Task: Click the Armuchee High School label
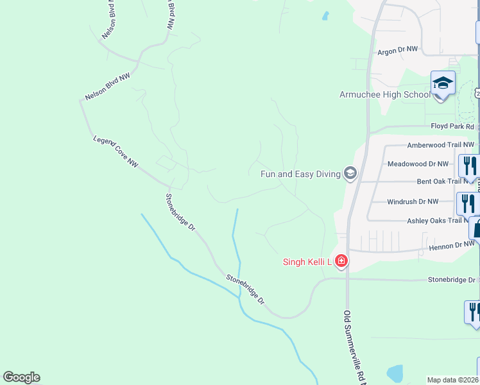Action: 384,95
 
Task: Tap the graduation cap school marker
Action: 442,84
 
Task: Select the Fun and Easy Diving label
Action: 300,174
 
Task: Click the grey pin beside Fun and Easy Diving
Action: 350,173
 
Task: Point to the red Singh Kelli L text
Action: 307,261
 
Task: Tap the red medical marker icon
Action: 341,261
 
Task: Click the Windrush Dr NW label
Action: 413,201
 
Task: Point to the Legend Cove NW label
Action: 116,151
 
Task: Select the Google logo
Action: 21,377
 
